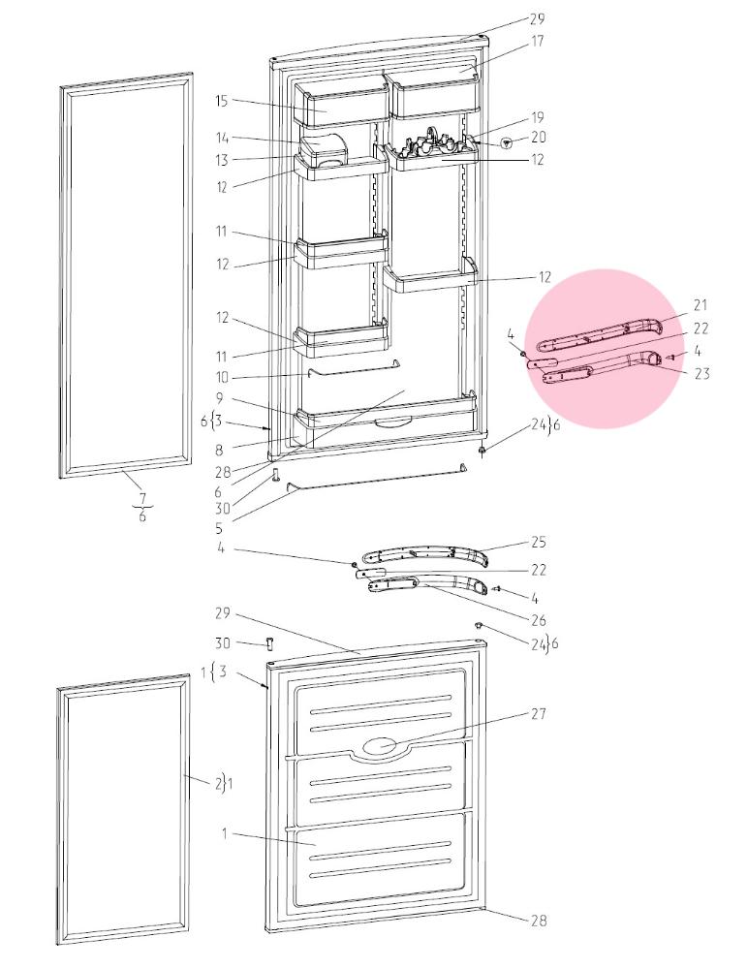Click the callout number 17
pyautogui.click(x=537, y=42)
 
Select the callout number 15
pyautogui.click(x=222, y=101)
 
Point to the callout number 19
pyautogui.click(x=537, y=117)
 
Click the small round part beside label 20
pyautogui.click(x=507, y=143)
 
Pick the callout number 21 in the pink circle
pyautogui.click(x=700, y=304)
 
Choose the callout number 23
pyautogui.click(x=701, y=373)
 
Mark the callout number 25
pyautogui.click(x=539, y=542)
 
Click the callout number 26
pyautogui.click(x=539, y=620)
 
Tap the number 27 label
pyautogui.click(x=539, y=714)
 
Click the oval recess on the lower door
pyautogui.click(x=381, y=746)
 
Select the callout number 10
pyautogui.click(x=222, y=377)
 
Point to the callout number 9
pyautogui.click(x=220, y=398)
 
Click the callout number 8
pyautogui.click(x=220, y=450)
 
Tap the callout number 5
pyautogui.click(x=219, y=528)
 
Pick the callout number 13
pyautogui.click(x=222, y=161)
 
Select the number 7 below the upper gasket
pyautogui.click(x=142, y=497)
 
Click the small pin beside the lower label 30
pyautogui.click(x=269, y=643)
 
